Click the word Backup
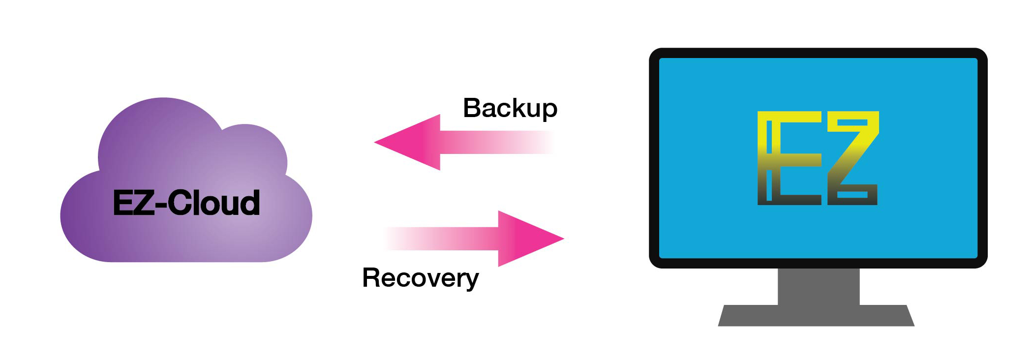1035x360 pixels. click(510, 108)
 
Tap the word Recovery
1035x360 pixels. click(420, 278)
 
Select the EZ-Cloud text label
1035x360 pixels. click(186, 203)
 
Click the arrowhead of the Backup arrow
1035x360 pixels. click(407, 142)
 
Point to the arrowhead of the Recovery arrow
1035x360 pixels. click(531, 239)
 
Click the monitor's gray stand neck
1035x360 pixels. click(818, 286)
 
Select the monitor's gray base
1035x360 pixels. click(816, 315)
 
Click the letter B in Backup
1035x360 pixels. click(472, 108)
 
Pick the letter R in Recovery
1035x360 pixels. click(372, 277)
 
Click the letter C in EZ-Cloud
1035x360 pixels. click(180, 203)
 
